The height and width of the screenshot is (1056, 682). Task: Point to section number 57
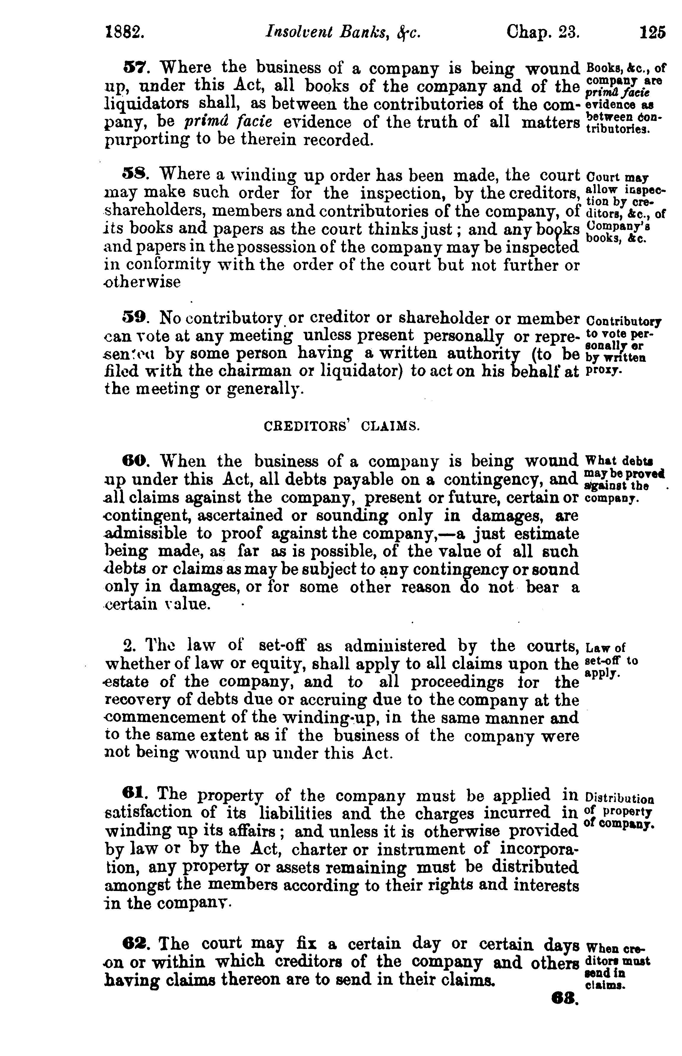132,67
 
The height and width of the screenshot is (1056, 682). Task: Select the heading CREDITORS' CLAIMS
341,426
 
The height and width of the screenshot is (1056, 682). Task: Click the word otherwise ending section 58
143,282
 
